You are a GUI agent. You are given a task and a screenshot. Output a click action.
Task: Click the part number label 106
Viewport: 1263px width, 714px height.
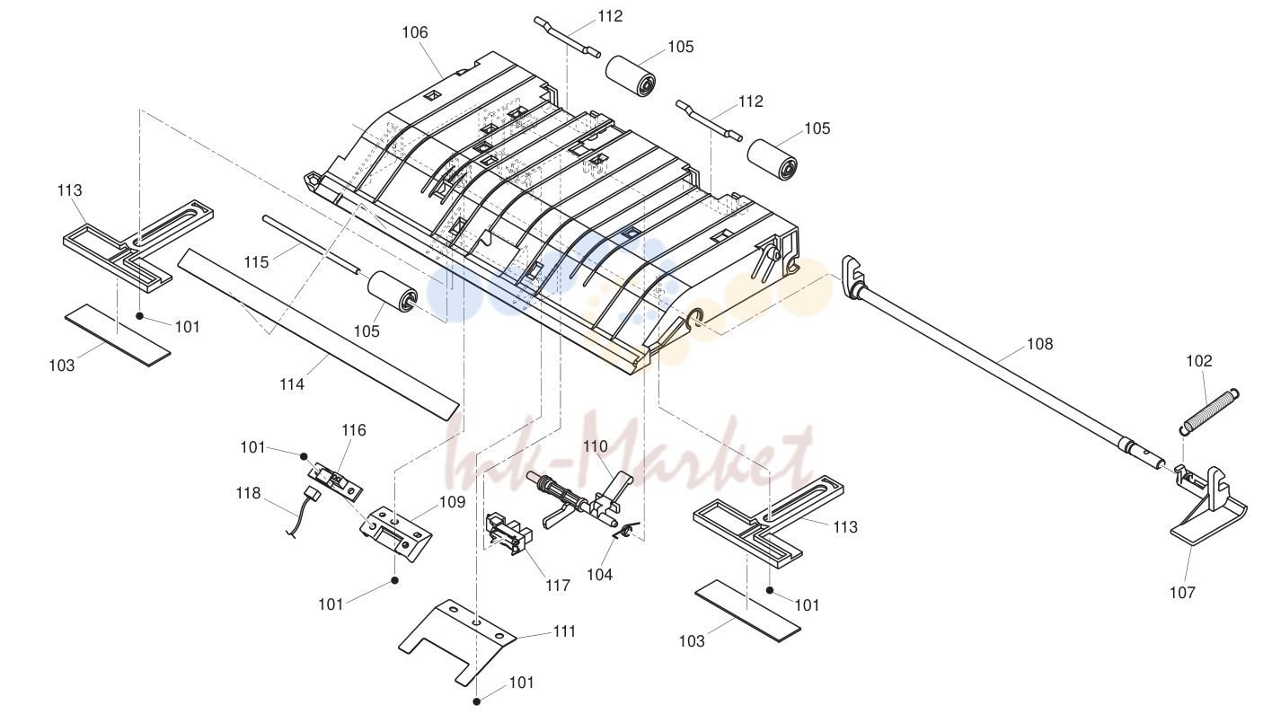414,32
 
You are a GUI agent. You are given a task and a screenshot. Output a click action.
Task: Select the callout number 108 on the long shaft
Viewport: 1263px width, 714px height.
1039,344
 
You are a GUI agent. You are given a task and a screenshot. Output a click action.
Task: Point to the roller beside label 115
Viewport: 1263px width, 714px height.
393,292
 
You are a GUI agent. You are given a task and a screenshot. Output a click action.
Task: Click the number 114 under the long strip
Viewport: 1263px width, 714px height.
292,384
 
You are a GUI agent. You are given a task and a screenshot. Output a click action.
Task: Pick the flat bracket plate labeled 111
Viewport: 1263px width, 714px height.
456,641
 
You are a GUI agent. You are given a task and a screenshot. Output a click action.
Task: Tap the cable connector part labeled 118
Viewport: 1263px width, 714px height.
304,513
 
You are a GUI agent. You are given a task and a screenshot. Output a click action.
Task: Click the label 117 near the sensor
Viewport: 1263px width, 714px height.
558,586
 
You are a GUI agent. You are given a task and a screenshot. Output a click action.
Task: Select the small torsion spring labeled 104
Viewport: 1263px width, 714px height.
626,530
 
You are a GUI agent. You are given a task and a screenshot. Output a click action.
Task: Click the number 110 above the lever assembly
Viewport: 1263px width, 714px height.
595,447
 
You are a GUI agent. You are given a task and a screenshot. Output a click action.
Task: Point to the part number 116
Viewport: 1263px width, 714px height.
354,430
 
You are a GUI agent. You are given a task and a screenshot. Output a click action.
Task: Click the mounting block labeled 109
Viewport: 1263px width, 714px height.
396,534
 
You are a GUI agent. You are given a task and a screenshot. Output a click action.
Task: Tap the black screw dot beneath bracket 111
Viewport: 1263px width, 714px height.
476,701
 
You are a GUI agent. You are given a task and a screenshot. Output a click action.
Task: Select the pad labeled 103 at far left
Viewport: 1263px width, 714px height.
118,335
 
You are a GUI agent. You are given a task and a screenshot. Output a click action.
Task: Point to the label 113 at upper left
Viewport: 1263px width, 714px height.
69,190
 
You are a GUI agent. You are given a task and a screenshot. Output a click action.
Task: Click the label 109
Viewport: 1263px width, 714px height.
452,502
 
